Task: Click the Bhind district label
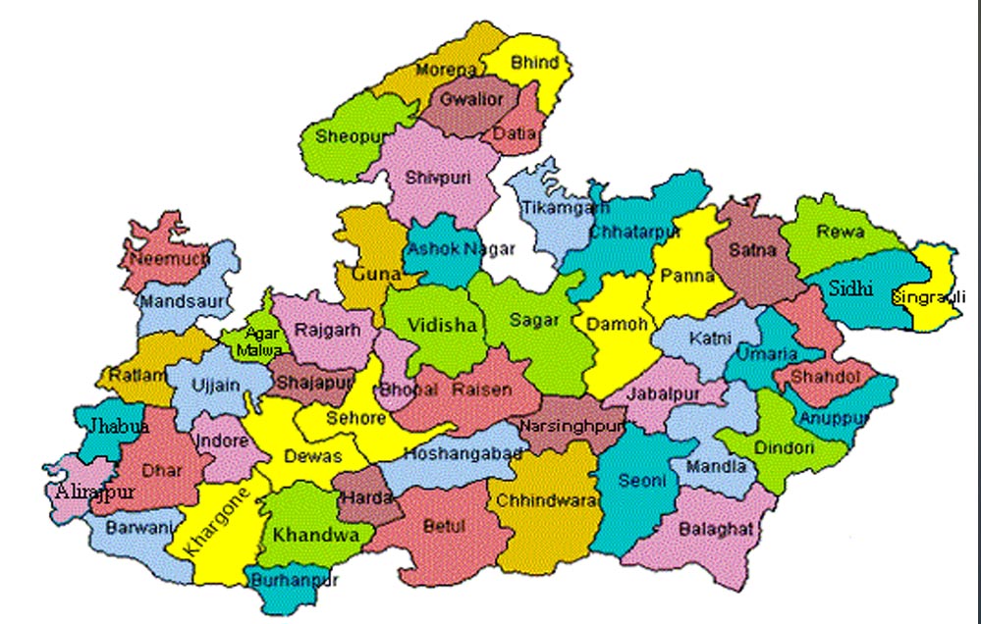click(535, 63)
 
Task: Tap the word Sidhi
click(850, 288)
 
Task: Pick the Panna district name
click(687, 276)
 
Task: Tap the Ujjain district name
click(217, 385)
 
